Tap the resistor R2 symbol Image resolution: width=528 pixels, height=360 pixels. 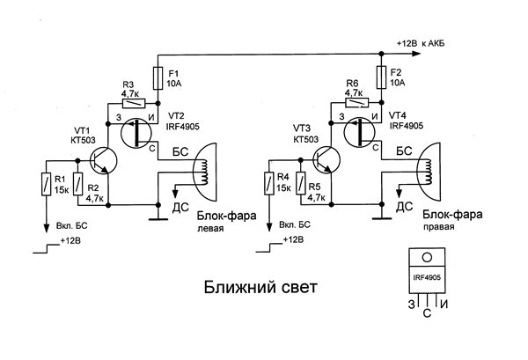[78, 184]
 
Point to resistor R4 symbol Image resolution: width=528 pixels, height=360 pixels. [268, 184]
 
